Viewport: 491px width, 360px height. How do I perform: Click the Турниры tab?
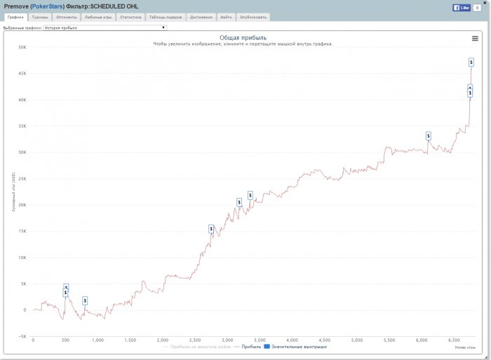point(40,17)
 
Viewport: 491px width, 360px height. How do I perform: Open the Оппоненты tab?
point(67,17)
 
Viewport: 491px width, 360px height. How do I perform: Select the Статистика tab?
point(130,17)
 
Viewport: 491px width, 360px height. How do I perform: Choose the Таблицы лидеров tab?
point(166,17)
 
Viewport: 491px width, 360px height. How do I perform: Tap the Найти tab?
point(225,17)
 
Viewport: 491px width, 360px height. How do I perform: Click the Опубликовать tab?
point(253,17)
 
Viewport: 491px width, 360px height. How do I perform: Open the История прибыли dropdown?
point(105,27)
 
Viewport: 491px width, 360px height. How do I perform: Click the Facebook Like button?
point(462,8)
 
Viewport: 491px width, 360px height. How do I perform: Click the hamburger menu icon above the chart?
point(475,39)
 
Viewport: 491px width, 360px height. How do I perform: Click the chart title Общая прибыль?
point(243,37)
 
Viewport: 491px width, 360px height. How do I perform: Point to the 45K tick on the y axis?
point(22,74)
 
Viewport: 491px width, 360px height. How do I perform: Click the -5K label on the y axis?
point(22,336)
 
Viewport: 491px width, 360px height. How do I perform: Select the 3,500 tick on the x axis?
point(260,340)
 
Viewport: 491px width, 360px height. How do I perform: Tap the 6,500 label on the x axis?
point(453,340)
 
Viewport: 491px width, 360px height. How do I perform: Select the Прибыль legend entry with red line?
point(246,347)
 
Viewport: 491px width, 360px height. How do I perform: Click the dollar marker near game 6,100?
point(428,135)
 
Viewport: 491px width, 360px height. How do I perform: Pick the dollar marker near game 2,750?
point(211,229)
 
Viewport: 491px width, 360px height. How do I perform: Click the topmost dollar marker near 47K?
point(471,62)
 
